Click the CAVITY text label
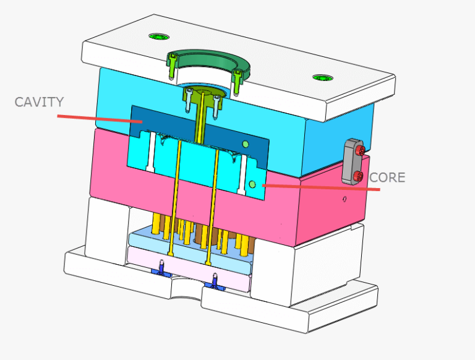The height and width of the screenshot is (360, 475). point(39,101)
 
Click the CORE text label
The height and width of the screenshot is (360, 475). point(387,178)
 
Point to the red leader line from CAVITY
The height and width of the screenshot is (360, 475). point(99,118)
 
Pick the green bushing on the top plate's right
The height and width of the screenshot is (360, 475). point(322,78)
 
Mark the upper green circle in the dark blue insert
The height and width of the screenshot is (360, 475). point(246,145)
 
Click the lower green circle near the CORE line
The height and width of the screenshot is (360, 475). point(252,184)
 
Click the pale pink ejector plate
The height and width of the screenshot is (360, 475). point(186,266)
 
